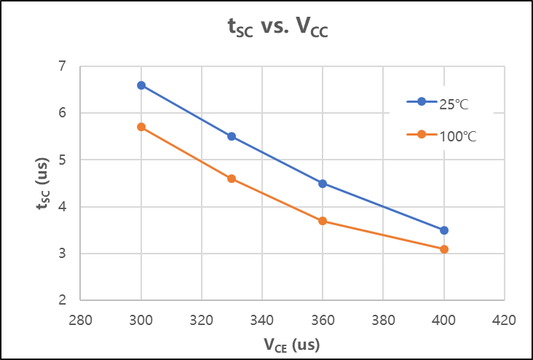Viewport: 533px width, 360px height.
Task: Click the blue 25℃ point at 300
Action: tap(141, 85)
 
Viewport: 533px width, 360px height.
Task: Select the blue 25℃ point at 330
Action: tap(232, 136)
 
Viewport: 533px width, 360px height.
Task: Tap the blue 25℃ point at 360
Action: tap(323, 184)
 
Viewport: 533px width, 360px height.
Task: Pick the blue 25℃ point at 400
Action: tap(443, 230)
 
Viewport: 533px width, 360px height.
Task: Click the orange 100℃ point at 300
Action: tap(141, 127)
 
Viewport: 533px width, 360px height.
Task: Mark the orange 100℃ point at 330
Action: tap(232, 179)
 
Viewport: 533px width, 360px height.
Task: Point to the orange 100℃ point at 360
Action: tap(323, 221)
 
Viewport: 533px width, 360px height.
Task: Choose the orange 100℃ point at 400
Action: tap(443, 249)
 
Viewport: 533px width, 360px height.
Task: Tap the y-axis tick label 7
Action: tap(62, 66)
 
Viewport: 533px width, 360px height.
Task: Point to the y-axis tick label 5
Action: tap(62, 160)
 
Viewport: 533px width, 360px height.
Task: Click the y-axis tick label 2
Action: tap(62, 300)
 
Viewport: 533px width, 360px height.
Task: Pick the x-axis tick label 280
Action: tap(80, 320)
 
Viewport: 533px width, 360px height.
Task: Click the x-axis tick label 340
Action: tap(261, 320)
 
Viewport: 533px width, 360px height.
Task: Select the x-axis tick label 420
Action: tap(504, 320)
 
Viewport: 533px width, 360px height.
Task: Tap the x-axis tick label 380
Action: tap(383, 320)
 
